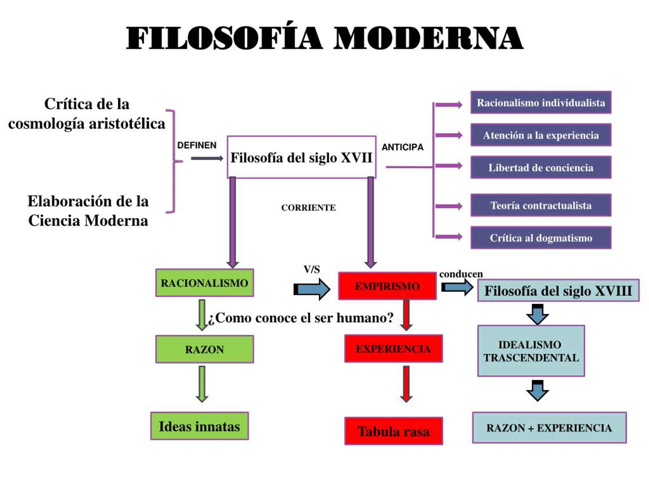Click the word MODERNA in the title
[x=428, y=38]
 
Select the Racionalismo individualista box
[x=541, y=102]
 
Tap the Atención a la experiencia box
[x=541, y=135]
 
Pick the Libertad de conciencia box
[x=541, y=167]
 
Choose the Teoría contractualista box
[x=541, y=205]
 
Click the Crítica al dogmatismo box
[x=541, y=238]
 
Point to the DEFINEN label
[x=197, y=145]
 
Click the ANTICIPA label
[x=403, y=147]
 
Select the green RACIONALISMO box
[x=205, y=283]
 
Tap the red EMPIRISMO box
[x=387, y=286]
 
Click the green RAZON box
[x=205, y=349]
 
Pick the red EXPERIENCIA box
[x=393, y=349]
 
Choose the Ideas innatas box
[x=200, y=426]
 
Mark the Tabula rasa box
[x=393, y=431]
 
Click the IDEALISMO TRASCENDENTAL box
[x=531, y=351]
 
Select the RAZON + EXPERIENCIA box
[x=549, y=428]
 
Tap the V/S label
[x=312, y=269]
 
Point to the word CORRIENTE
[x=308, y=207]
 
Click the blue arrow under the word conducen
[x=457, y=287]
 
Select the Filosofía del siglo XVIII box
[x=558, y=291]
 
